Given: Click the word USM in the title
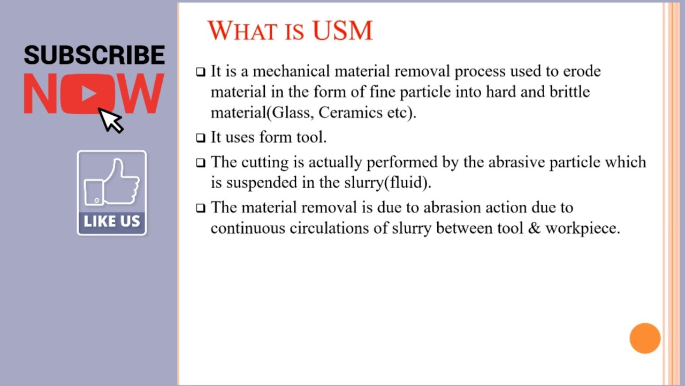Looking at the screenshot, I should coord(342,31).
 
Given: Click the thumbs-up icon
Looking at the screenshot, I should coord(112,182).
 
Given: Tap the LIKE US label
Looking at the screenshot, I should coord(112,221).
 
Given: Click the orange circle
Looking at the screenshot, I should coord(645,338).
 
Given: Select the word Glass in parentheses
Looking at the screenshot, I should coord(293,113).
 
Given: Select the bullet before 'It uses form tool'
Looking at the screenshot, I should coord(201,138).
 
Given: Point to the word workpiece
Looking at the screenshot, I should coord(582,229).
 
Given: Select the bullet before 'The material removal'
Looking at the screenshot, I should coord(201,208).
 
